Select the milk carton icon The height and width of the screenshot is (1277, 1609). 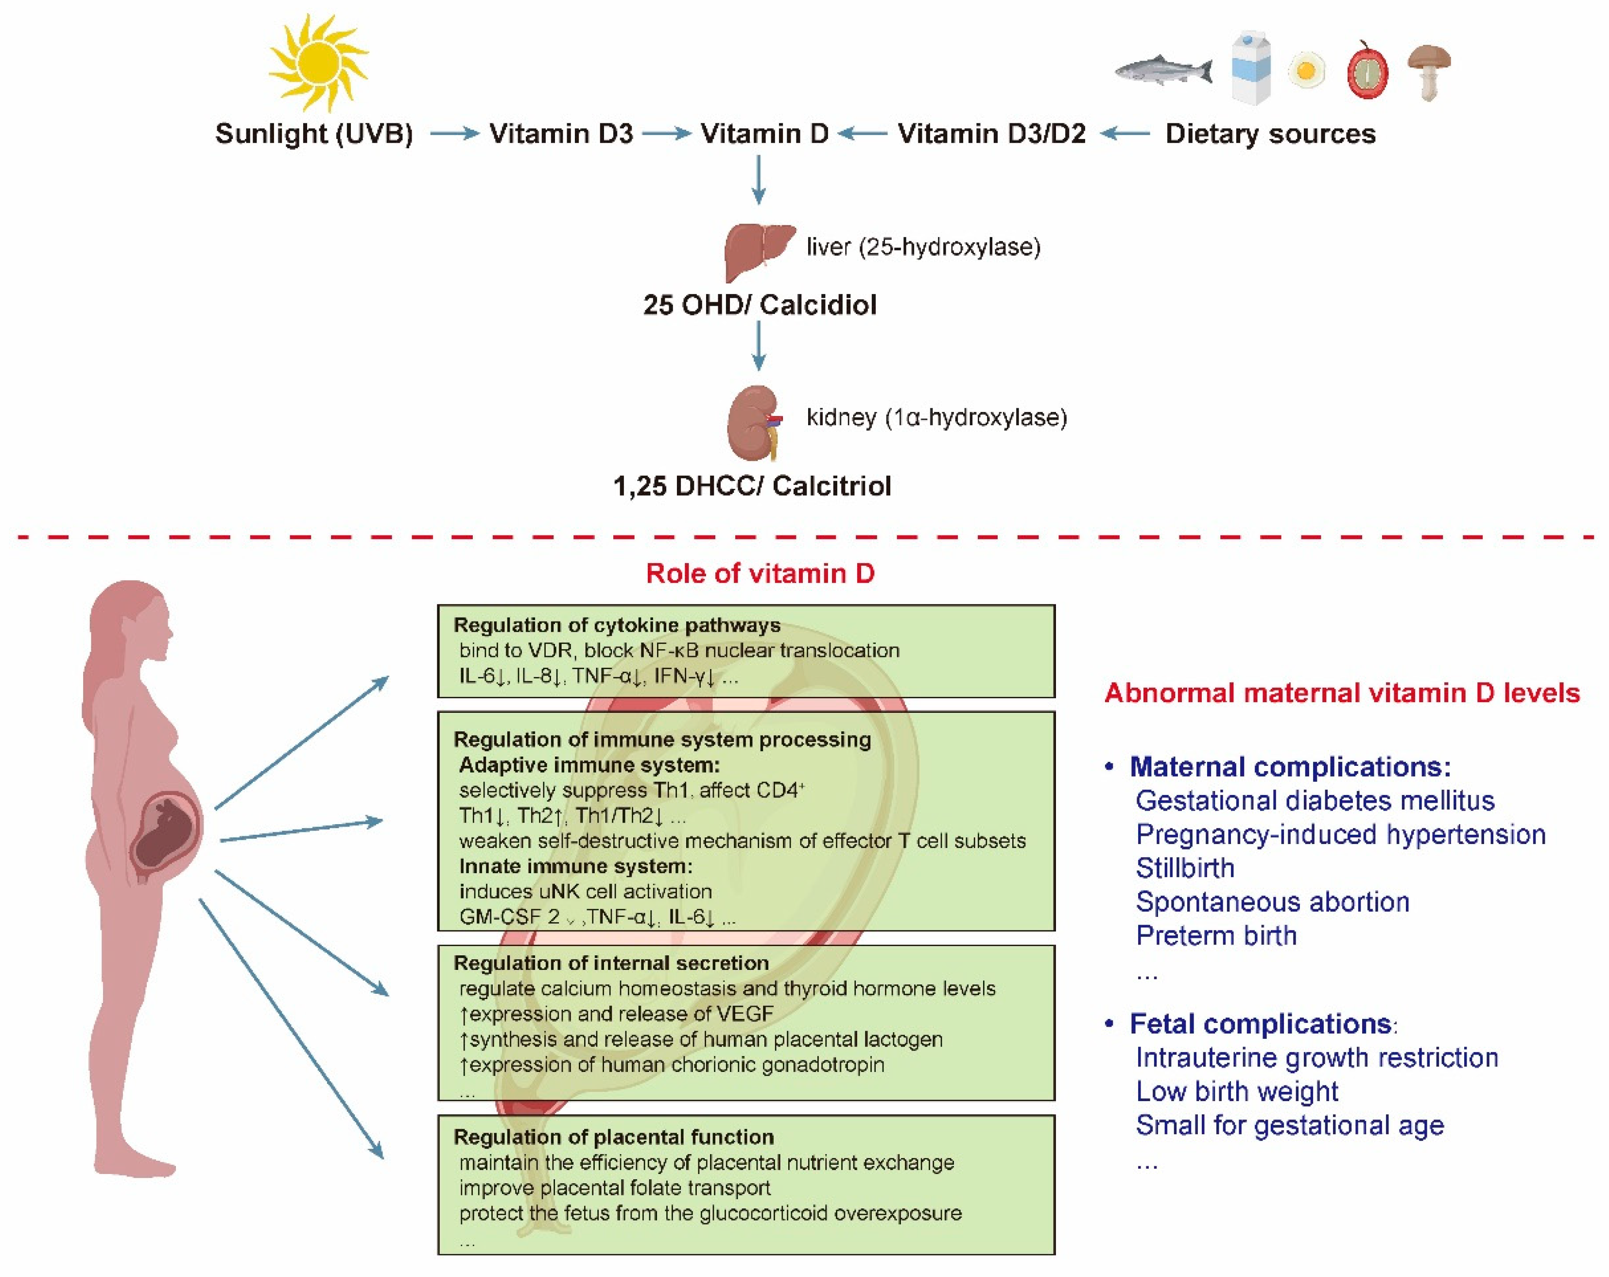pos(1251,67)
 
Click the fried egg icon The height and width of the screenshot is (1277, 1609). pos(1306,71)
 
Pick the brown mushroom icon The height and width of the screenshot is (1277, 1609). pos(1428,71)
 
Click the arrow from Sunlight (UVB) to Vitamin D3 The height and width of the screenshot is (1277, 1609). pos(454,134)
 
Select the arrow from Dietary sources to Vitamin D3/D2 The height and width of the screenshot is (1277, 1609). pos(1126,134)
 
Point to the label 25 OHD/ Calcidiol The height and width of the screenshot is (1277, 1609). pos(759,305)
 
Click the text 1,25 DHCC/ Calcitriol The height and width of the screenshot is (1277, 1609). pos(751,486)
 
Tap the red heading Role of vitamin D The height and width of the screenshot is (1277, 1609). pos(760,573)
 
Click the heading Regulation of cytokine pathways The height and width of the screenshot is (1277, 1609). pos(616,625)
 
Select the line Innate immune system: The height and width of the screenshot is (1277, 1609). pos(575,866)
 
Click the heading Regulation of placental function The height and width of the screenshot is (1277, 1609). pos(613,1137)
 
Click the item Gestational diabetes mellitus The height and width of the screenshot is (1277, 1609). pos(1314,801)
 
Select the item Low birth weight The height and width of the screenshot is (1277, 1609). pos(1237,1091)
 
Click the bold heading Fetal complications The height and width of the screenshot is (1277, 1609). pos(1260,1024)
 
